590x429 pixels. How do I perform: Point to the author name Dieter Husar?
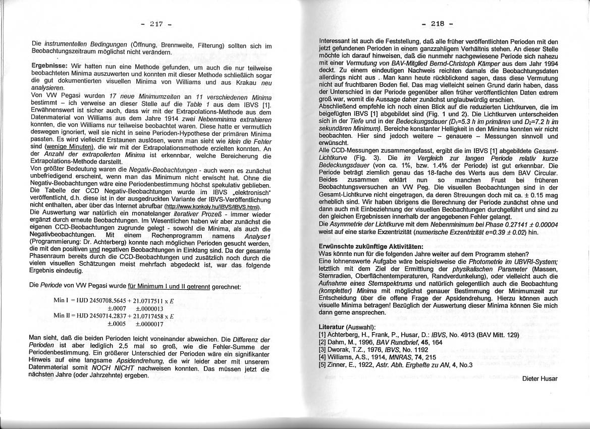[x=540, y=379]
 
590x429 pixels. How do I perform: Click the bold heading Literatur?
[x=333, y=328]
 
